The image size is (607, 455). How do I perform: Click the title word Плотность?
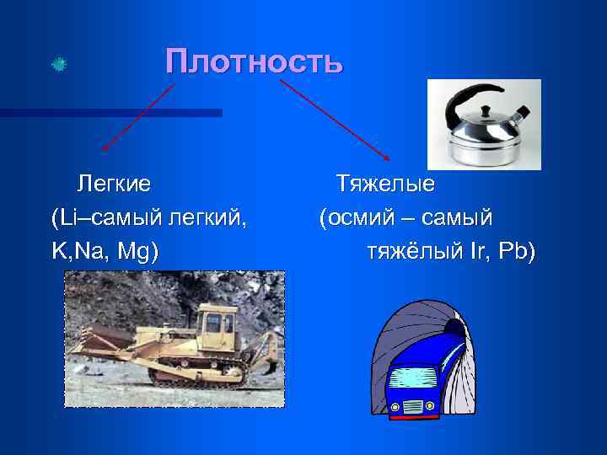[254, 62]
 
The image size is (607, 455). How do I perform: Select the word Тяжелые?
[385, 183]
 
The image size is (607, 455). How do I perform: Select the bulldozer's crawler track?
[197, 373]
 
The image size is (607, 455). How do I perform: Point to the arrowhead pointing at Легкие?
[105, 148]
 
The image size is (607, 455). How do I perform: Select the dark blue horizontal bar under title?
[110, 112]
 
